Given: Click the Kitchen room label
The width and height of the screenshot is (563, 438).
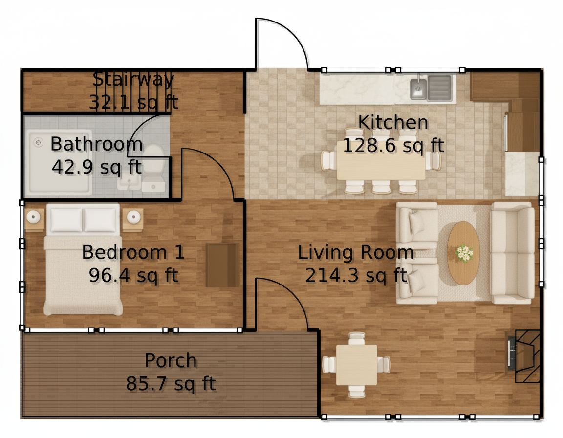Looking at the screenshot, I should pyautogui.click(x=393, y=122).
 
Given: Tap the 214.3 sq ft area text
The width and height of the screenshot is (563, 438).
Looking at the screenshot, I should pyautogui.click(x=356, y=276).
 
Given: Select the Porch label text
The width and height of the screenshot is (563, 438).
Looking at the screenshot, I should pyautogui.click(x=171, y=361).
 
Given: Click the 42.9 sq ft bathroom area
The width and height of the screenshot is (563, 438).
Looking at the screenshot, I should pyautogui.click(x=97, y=167).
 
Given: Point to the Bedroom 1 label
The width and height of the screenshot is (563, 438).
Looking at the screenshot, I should pyautogui.click(x=133, y=252).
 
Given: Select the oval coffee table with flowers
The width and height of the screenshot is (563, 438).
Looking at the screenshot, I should pyautogui.click(x=463, y=253).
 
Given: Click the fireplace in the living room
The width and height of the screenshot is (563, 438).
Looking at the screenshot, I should pyautogui.click(x=524, y=356).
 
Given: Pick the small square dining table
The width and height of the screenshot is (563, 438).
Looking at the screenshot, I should pyautogui.click(x=356, y=365).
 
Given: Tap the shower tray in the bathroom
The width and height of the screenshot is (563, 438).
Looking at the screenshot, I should pyautogui.click(x=59, y=161).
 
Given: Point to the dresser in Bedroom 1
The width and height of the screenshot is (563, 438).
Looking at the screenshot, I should pyautogui.click(x=222, y=265).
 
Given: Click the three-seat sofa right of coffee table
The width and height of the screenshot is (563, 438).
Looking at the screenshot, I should pyautogui.click(x=512, y=253).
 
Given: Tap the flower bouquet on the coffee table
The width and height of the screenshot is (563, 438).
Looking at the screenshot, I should pyautogui.click(x=464, y=253).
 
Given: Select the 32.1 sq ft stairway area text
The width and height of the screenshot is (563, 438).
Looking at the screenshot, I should pyautogui.click(x=133, y=102).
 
